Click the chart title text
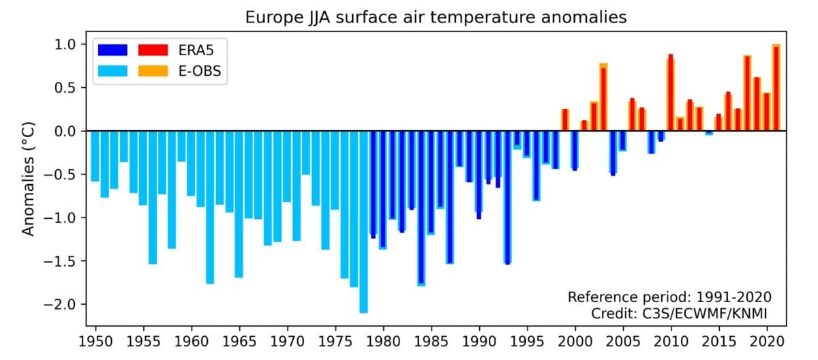(x=436, y=18)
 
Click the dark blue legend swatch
(x=112, y=50)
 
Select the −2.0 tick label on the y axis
(x=66, y=305)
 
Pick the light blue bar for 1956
(x=153, y=197)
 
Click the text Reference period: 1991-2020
(x=669, y=297)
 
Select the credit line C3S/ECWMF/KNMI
(x=681, y=313)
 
